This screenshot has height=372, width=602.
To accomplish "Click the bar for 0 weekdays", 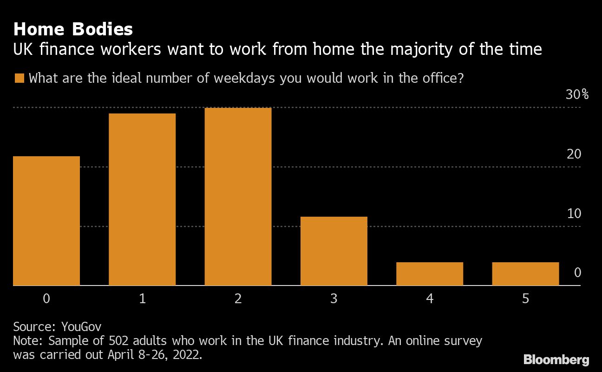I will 46,221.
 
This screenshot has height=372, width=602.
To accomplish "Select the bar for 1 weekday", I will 142,199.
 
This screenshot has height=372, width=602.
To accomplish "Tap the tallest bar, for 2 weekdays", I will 238,197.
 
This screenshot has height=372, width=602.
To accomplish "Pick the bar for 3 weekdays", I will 334,251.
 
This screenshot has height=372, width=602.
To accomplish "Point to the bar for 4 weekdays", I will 430,274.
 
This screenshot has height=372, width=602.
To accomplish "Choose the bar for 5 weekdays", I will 525,274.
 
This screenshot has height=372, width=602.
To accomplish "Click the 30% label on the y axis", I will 577,95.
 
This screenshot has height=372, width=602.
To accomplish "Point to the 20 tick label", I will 574,154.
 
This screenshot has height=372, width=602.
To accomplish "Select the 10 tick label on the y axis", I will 574,213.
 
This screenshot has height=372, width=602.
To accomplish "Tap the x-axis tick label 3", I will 334,299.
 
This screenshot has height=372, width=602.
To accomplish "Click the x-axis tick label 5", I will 525,299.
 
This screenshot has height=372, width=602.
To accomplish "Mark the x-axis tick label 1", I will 142,299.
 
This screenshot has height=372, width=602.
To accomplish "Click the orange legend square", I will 19,78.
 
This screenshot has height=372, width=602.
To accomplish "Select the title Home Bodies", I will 73,29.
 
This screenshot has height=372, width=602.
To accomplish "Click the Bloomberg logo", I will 556,359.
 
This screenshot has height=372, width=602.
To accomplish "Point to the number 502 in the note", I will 121,341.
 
